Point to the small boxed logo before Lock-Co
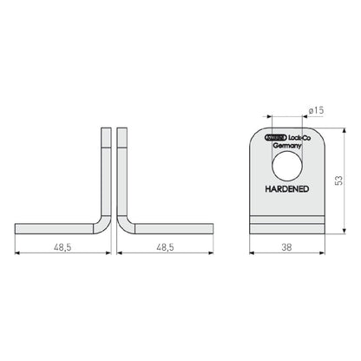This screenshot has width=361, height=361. tap(272, 137)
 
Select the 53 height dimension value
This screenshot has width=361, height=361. tap(339, 180)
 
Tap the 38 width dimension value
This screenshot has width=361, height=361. tap(286, 246)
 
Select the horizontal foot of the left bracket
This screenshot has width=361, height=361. tap(56, 228)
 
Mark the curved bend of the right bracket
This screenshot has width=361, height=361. tap(123, 223)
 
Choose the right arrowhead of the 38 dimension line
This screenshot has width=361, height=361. tap(319, 254)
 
